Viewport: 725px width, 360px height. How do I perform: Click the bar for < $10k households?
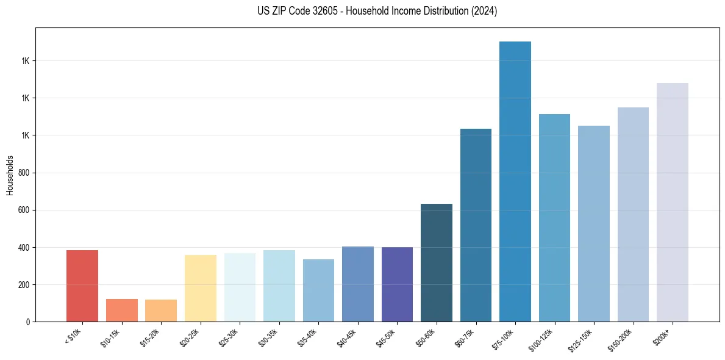click(82, 286)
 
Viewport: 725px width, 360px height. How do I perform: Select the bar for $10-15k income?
click(121, 310)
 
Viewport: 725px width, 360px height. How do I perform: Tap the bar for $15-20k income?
click(161, 311)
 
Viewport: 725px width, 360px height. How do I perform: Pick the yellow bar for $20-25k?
click(200, 288)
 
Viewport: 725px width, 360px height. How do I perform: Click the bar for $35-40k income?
click(318, 290)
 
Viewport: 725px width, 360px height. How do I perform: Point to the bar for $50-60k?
click(437, 262)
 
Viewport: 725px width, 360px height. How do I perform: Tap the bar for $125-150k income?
click(594, 223)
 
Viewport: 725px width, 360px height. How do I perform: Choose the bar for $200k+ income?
click(673, 202)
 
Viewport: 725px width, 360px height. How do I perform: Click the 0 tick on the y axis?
click(29, 322)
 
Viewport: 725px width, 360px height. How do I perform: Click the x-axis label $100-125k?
click(543, 340)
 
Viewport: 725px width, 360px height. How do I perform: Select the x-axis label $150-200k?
click(622, 340)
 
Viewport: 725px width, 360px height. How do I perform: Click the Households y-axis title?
click(10, 175)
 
